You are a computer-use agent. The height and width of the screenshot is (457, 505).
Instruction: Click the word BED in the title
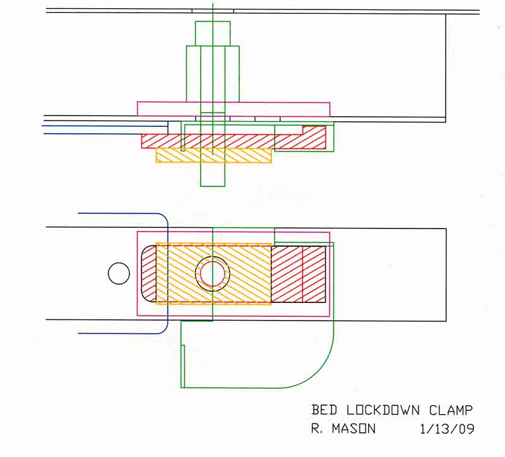pos(324,410)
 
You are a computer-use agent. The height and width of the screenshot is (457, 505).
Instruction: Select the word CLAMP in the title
pos(451,410)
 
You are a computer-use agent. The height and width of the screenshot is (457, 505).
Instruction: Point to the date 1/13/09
pos(446,429)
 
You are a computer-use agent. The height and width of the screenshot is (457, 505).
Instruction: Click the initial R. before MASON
pos(318,429)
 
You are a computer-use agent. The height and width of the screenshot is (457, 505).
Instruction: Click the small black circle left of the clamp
pos(118,273)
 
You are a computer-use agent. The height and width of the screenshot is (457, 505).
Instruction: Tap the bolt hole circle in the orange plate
pos(213,273)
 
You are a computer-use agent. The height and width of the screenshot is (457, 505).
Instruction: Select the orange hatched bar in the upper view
pos(213,155)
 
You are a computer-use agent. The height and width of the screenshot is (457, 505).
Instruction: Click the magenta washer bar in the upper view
pos(234,109)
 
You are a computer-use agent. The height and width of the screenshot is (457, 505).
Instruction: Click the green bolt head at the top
pos(213,33)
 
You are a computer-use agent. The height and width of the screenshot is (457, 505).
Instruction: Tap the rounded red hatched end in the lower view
pos(148,273)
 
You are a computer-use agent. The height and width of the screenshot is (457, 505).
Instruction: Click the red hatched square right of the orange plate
pos(298,273)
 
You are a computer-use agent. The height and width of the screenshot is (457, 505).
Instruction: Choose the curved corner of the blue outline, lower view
pos(163,221)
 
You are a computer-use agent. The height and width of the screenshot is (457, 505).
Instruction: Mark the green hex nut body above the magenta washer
pos(213,73)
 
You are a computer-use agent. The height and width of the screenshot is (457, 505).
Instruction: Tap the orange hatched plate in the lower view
pos(177,273)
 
